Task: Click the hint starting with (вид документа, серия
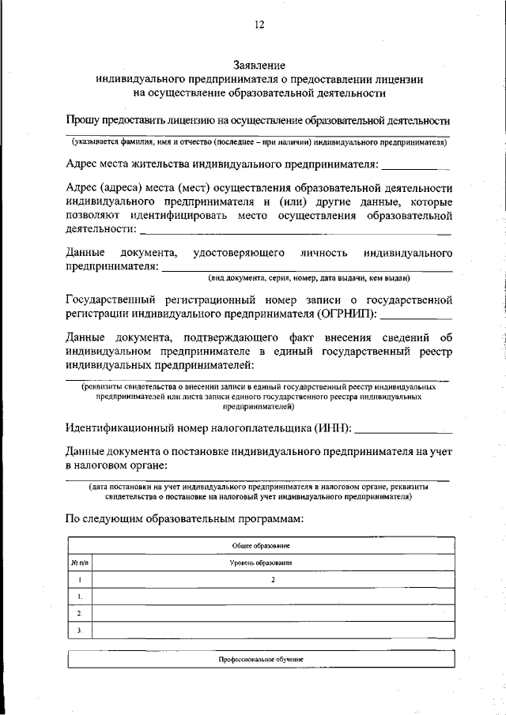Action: (x=309, y=277)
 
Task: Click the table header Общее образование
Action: (x=260, y=546)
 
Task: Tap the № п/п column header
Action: (x=79, y=563)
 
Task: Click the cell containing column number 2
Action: (x=273, y=580)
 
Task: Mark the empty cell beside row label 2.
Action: (x=273, y=613)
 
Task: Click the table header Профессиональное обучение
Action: (x=260, y=658)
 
